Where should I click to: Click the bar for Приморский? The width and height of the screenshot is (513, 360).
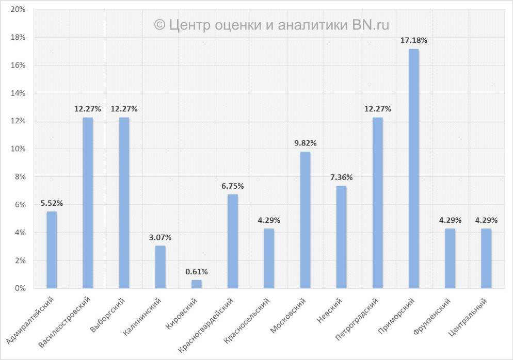pyautogui.click(x=413, y=169)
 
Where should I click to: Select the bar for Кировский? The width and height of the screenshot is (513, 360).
pyautogui.click(x=196, y=284)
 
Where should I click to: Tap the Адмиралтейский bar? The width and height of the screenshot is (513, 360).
pyautogui.click(x=52, y=250)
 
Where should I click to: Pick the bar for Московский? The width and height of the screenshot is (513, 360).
pyautogui.click(x=305, y=220)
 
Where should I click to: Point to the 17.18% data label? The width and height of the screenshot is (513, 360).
pyautogui.click(x=413, y=40)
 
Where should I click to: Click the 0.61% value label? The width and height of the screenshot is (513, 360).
pyautogui.click(x=196, y=271)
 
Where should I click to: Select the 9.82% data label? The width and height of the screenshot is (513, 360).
pyautogui.click(x=305, y=143)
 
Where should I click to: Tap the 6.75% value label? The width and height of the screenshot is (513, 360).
pyautogui.click(x=232, y=186)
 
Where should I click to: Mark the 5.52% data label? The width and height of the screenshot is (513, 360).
pyautogui.click(x=52, y=203)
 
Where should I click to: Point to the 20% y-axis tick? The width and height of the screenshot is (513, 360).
pyautogui.click(x=18, y=10)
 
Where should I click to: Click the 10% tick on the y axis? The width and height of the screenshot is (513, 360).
pyautogui.click(x=18, y=149)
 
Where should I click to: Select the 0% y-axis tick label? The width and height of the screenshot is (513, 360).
pyautogui.click(x=20, y=288)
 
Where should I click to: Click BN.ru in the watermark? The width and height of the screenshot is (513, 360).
pyautogui.click(x=371, y=24)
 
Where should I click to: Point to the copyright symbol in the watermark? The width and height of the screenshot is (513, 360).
pyautogui.click(x=159, y=24)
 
